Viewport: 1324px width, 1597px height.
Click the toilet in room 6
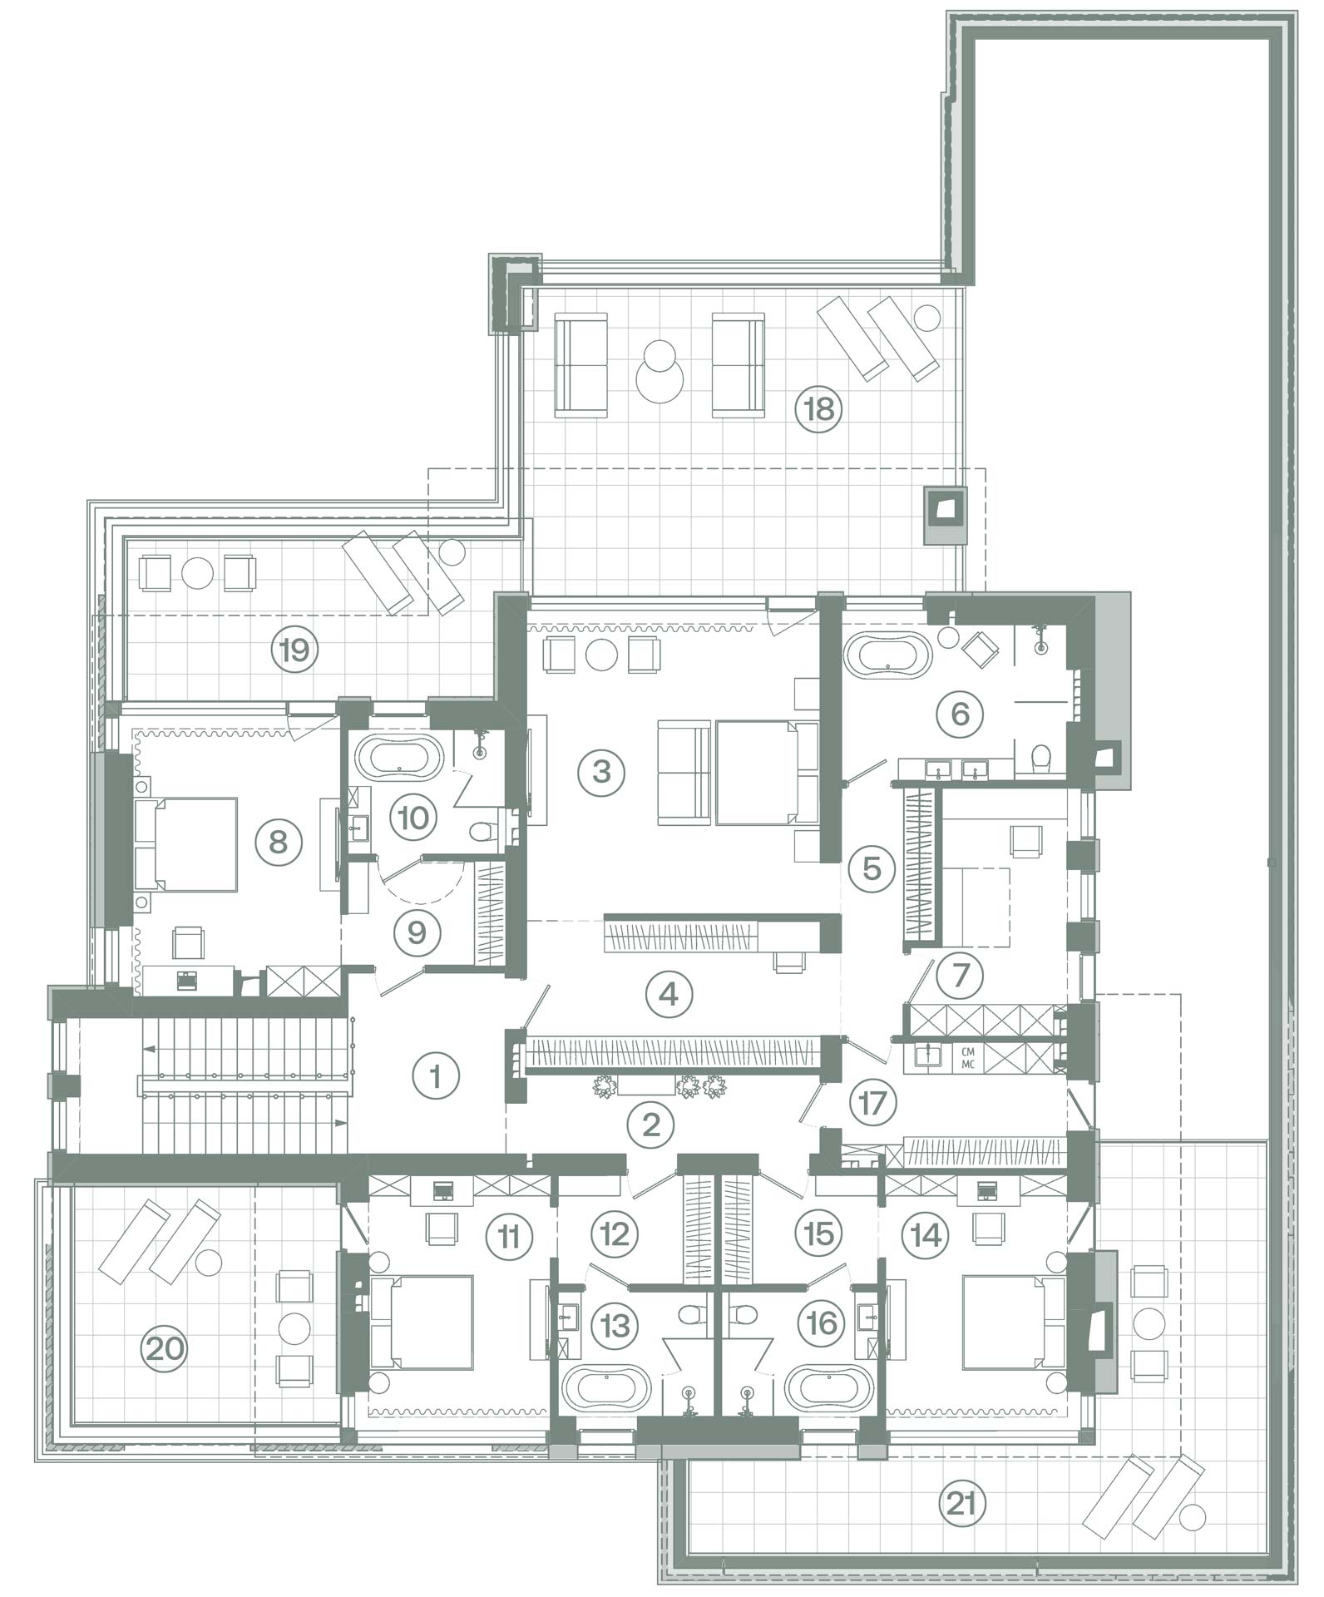1040,759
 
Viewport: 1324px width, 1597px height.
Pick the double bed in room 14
1014,1323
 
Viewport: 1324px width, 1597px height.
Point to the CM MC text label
968,1057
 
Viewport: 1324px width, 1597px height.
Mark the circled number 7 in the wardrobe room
961,973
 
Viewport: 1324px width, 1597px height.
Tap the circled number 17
872,1102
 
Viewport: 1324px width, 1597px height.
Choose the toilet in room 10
482,832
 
